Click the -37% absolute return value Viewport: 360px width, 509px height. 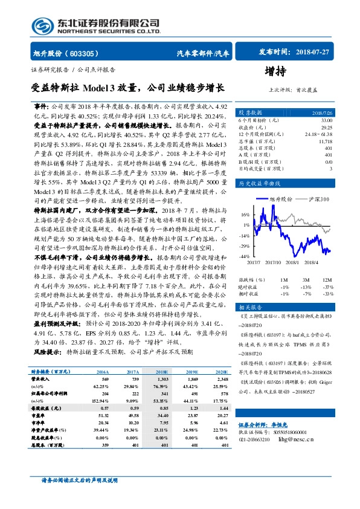(x=327, y=287)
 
